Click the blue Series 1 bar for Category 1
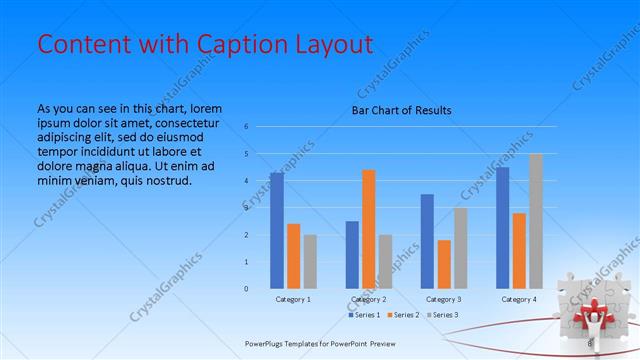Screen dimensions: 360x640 coord(277,231)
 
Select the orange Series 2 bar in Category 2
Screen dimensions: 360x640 coord(369,229)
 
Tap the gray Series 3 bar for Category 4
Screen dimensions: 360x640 coord(536,221)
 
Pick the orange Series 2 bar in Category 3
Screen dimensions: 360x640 coord(444,264)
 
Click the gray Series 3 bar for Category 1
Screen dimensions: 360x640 coord(310,262)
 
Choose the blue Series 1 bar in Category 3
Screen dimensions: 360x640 coord(427,241)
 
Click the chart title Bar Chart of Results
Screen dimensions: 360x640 coord(401,110)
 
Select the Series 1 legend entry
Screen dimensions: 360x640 coord(364,315)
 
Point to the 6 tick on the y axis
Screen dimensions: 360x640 coord(246,127)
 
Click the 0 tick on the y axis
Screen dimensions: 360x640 coord(246,289)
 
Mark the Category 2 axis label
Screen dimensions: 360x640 coord(369,299)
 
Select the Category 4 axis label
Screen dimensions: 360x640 coord(519,299)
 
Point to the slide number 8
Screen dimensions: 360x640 coord(589,343)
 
